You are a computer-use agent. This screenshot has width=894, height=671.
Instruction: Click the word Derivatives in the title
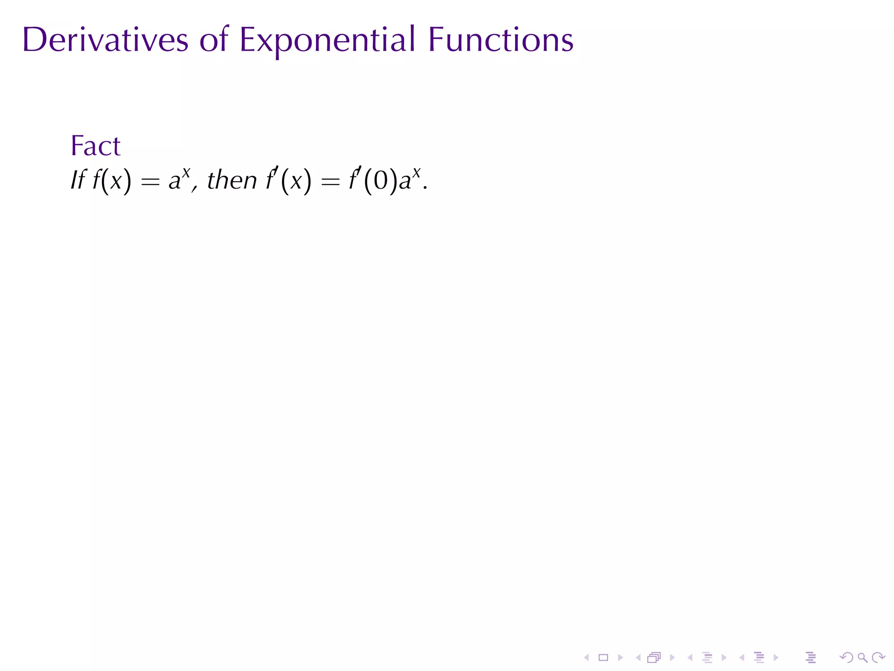click(105, 40)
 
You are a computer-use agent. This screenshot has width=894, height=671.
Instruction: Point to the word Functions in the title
click(501, 40)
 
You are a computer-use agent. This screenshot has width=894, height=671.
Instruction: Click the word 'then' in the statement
click(232, 180)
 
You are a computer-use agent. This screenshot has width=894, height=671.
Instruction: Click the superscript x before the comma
click(186, 173)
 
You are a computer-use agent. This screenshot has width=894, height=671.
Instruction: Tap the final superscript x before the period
click(416, 173)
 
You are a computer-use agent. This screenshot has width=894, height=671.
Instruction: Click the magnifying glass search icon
click(862, 657)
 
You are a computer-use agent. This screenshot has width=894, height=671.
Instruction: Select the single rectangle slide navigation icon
click(603, 657)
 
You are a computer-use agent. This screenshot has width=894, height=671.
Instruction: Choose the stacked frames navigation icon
click(654, 657)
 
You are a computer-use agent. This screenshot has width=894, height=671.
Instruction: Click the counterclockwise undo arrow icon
click(846, 657)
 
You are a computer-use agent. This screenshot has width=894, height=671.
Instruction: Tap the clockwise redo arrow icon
click(878, 657)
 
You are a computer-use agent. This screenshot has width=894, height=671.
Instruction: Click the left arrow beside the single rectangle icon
click(587, 657)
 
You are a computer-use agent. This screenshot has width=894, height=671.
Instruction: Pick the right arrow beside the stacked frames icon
click(672, 657)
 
